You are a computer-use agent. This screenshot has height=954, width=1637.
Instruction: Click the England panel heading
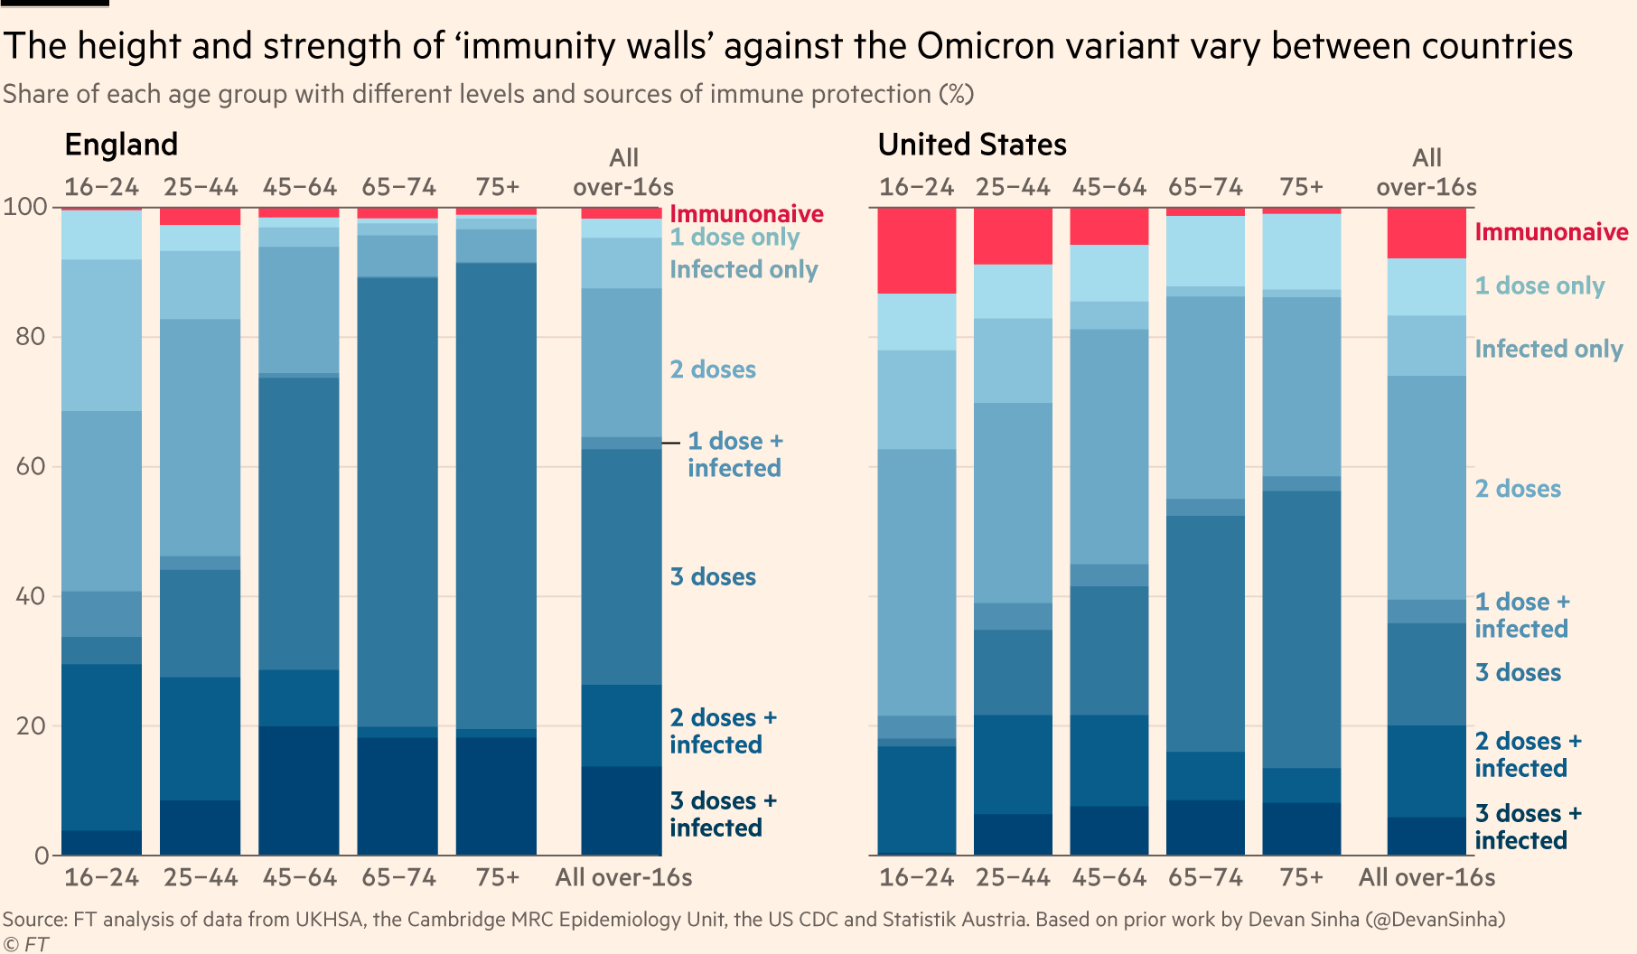[121, 145]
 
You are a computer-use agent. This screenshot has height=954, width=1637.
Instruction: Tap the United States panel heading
[971, 145]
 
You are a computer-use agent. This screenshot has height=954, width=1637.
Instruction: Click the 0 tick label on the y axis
[41, 856]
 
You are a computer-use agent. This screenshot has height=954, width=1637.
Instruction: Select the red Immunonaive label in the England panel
[746, 214]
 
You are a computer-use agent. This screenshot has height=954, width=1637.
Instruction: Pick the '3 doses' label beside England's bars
[713, 577]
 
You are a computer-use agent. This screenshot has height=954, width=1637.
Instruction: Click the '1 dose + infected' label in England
[734, 454]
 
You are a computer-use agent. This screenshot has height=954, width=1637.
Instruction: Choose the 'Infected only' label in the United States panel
[1548, 349]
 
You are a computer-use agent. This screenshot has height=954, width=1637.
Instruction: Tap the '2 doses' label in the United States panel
[1518, 489]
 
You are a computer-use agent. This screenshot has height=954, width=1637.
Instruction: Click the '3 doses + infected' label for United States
[1528, 827]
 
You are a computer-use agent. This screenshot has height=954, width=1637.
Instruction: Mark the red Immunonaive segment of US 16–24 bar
[917, 250]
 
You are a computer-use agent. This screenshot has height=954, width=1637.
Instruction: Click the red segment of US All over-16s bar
[1427, 233]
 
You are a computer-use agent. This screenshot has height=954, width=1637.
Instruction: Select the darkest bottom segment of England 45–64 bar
[299, 790]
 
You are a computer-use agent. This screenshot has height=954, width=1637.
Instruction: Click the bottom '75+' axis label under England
[498, 877]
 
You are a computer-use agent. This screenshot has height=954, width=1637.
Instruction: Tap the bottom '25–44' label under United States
[1013, 877]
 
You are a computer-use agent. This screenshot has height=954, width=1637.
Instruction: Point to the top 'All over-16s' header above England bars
[623, 173]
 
